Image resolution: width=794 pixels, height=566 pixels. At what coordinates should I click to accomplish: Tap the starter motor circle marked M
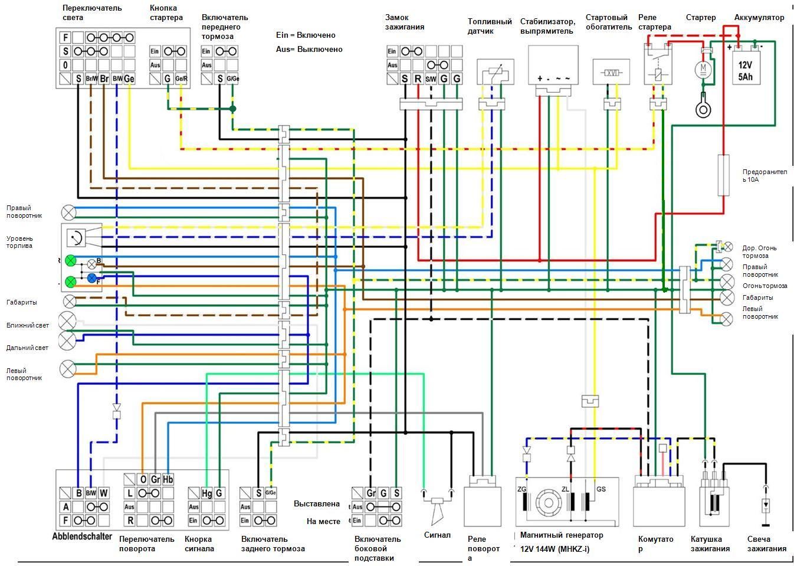703,70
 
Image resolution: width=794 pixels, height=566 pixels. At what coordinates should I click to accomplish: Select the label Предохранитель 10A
765,175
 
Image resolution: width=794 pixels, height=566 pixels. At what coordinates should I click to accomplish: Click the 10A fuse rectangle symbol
723,175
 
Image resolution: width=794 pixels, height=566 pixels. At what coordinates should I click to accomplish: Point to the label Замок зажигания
405,22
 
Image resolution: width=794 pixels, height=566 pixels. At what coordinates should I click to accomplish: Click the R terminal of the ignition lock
418,78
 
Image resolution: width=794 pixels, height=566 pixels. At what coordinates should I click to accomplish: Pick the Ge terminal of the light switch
129,78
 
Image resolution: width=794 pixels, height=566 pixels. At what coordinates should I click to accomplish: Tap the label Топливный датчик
490,27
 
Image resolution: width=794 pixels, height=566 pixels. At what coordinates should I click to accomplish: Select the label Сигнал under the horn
437,535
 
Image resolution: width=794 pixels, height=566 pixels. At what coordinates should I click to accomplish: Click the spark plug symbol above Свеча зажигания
766,505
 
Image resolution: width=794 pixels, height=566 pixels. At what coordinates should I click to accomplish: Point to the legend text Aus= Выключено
309,50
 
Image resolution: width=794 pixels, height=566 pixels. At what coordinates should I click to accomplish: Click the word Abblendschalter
82,536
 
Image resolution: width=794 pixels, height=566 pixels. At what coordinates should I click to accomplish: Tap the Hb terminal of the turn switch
168,479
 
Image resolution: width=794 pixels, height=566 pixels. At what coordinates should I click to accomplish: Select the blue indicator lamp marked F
92,278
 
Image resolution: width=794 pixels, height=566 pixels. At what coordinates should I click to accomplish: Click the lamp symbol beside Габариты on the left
70,302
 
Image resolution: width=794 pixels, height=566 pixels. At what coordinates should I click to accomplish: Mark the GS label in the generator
601,489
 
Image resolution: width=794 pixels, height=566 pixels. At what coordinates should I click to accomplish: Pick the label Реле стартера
655,22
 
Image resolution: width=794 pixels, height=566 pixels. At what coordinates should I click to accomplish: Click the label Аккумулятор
759,18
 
